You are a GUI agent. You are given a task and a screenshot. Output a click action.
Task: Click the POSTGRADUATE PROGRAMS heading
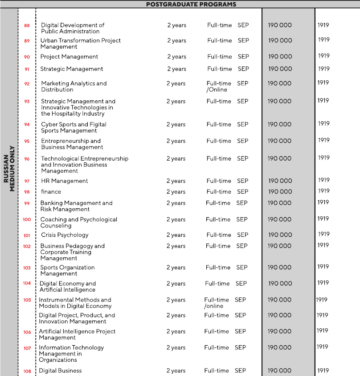(191, 4)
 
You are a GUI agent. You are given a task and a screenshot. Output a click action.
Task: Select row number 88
(27, 26)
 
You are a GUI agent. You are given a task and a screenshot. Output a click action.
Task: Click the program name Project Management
(69, 57)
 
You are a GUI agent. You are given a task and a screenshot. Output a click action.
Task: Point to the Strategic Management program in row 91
(71, 69)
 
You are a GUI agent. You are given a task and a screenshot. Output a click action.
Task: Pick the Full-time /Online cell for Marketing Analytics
(219, 87)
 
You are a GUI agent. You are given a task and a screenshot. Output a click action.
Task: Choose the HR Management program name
(65, 181)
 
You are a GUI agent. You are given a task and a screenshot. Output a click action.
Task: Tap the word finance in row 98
(51, 192)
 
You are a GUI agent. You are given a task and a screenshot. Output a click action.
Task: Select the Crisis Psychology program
(65, 235)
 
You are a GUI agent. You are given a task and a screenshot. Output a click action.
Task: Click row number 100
(27, 219)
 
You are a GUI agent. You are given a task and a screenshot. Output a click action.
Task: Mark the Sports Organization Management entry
(67, 270)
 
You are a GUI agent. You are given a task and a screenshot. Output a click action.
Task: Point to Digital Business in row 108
(60, 371)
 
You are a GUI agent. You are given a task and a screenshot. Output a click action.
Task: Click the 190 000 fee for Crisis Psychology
(280, 235)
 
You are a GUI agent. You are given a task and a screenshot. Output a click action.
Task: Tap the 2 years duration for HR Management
(176, 181)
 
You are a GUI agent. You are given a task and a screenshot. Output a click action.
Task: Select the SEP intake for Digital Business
(240, 371)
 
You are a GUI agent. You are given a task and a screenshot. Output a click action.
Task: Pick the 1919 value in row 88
(323, 25)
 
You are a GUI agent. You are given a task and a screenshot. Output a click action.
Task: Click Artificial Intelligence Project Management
(77, 335)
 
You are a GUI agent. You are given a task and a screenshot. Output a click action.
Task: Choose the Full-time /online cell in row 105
(217, 303)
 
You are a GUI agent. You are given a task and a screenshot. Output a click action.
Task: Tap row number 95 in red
(27, 141)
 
